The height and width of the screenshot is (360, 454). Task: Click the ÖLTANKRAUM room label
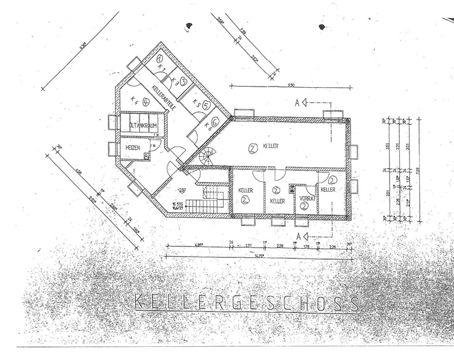[143, 125]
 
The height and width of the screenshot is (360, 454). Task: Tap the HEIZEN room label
[133, 147]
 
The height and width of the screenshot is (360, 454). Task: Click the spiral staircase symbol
[207, 157]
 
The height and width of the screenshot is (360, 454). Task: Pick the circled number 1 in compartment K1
[159, 59]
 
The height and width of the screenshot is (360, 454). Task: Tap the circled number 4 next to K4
[146, 102]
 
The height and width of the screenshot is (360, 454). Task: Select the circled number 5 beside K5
[206, 105]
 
